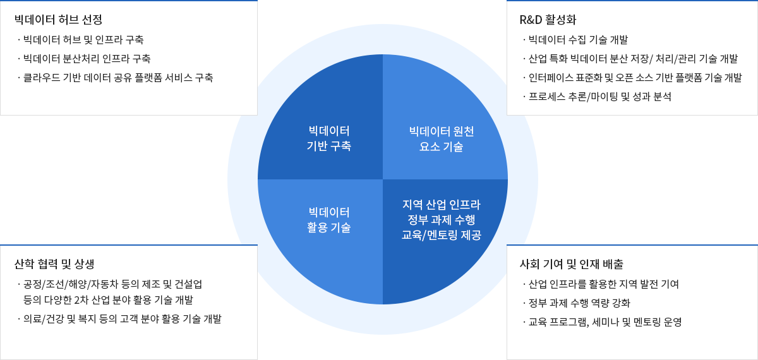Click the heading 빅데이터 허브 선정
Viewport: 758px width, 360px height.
tap(58, 20)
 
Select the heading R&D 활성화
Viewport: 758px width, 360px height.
tap(548, 20)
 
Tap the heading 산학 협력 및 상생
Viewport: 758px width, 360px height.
tap(54, 264)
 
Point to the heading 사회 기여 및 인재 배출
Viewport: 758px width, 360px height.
tap(571, 264)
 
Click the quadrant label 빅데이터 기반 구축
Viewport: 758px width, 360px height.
tap(329, 138)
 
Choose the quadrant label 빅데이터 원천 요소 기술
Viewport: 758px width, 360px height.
tap(442, 139)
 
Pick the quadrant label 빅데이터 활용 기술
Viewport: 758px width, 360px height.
tap(329, 220)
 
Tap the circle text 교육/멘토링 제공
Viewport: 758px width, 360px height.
tap(442, 235)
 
